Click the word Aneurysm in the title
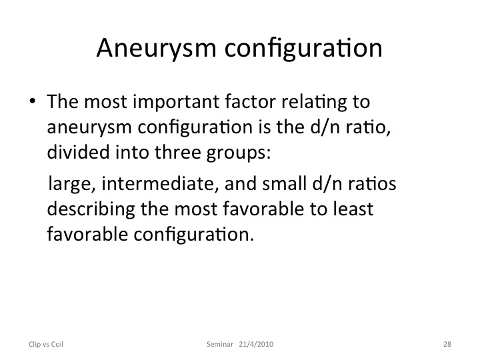[157, 49]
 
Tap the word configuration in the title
[303, 48]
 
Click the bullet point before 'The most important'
[33, 101]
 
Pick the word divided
[78, 152]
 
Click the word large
[71, 184]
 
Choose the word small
[285, 183]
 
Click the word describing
[91, 210]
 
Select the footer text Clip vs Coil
[46, 344]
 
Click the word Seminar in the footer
[220, 344]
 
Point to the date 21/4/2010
[256, 344]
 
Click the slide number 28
[447, 344]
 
